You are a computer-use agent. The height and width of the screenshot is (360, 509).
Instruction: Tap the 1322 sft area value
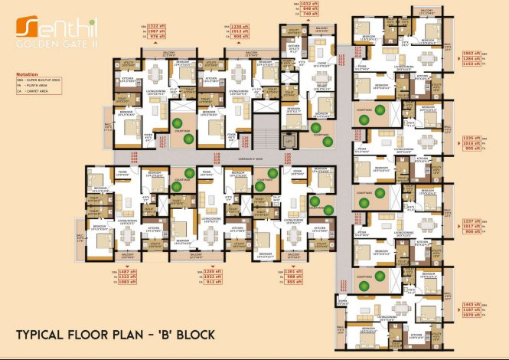click(155, 27)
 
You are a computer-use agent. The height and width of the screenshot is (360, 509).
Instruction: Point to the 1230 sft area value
click(240, 27)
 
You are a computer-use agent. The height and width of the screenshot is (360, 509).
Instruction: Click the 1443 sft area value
click(471, 305)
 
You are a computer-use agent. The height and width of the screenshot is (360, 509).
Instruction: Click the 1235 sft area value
click(471, 137)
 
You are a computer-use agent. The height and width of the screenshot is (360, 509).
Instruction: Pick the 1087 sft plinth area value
click(155, 31)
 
